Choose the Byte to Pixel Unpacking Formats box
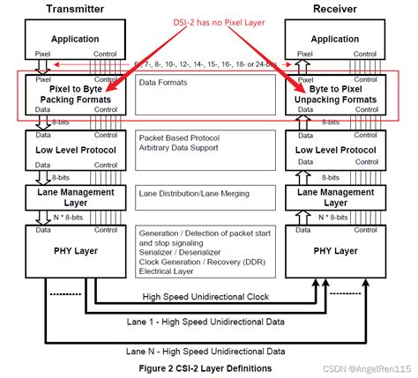pyautogui.click(x=340, y=95)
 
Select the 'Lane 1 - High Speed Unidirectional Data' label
pyautogui.click(x=209, y=324)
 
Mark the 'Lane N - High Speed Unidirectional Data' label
pyautogui.click(x=209, y=352)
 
